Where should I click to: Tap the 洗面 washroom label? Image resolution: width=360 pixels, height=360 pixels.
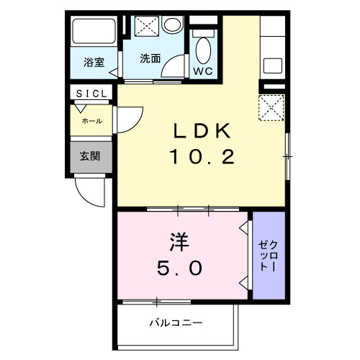[149, 58]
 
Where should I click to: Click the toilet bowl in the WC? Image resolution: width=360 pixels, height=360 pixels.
[203, 49]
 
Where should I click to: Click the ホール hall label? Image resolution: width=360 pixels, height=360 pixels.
[91, 121]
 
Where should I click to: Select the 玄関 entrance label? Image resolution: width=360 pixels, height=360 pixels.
[90, 156]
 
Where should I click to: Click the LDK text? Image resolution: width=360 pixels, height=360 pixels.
[202, 132]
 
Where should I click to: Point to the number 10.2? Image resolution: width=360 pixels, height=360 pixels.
[202, 156]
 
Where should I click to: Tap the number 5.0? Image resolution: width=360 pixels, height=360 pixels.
[181, 268]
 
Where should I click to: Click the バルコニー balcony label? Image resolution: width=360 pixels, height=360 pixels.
[176, 322]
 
